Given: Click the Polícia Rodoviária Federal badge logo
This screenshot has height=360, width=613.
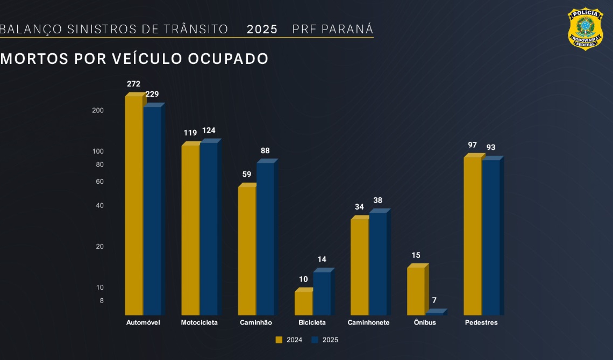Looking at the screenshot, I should pos(585,29).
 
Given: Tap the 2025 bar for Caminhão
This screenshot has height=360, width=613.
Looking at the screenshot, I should pos(265,239).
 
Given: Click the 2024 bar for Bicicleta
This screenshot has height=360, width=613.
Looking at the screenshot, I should pos(303,303).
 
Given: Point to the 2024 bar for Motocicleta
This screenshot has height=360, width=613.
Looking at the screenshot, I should pos(190,230).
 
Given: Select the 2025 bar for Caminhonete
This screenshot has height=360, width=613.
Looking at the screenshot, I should pos(378,264).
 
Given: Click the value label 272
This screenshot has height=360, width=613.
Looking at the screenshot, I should pos(133,84).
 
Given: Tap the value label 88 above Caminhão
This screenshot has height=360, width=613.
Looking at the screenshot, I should pos(265,150).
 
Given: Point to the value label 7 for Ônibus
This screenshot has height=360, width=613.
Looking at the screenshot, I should pos(433,300).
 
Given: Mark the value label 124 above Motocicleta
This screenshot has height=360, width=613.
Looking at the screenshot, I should pos(209,131).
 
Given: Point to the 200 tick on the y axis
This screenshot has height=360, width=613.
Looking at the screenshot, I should pos(98,110).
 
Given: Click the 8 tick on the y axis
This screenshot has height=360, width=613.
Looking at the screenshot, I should pos(101,300).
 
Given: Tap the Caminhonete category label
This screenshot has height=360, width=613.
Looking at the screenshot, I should pos(368,322).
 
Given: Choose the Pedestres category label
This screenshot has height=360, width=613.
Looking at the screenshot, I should pos(481,322).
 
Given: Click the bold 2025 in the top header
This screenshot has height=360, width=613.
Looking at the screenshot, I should pos(262,29).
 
